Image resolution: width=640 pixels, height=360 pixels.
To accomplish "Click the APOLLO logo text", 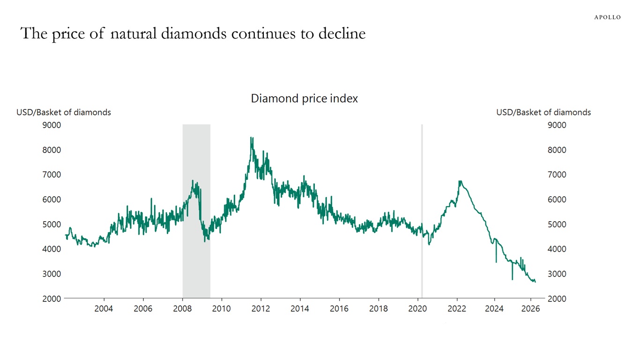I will pos(607,17).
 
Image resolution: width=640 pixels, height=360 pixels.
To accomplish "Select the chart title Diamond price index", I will pos(304,98).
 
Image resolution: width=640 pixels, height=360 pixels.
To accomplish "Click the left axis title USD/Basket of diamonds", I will pos(64,112).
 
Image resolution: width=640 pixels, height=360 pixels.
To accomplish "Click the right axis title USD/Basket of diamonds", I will pos(543,112).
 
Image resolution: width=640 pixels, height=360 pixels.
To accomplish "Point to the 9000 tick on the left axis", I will pos(52,125).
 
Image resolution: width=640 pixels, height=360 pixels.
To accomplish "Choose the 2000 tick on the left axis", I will pos(52,299).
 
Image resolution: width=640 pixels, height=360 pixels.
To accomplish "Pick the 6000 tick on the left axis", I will pos(52,200).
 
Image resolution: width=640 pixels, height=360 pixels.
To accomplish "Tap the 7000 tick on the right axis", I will pos(557,175).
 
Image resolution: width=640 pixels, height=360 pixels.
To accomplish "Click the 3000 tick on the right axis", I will pos(557,274).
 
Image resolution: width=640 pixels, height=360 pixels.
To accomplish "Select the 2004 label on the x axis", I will pos(104,308).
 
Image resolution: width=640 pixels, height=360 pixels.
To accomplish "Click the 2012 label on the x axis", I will pos(260,308).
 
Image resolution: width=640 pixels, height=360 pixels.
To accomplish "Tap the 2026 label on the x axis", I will pos(531,308).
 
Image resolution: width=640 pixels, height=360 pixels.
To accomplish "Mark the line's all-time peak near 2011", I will pos(252,138).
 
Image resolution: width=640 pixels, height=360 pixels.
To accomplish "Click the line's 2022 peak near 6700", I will pos(460,181).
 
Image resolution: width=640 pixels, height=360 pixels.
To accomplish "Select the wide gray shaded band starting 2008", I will pos(196,211).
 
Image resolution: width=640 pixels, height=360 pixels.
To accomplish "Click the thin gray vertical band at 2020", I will pos(422,211).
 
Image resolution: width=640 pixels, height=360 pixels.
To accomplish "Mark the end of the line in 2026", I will pos(535,281).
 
